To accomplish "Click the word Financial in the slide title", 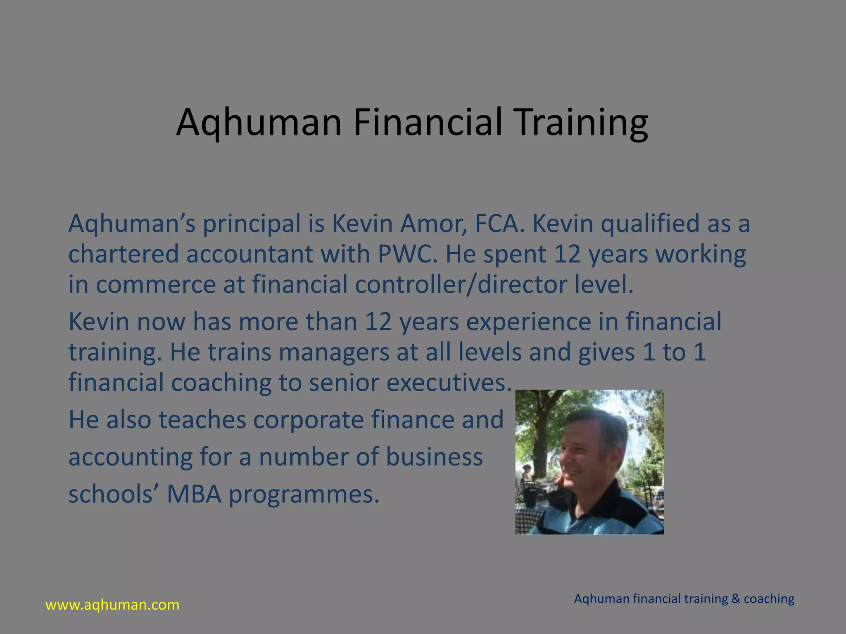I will pyautogui.click(x=428, y=122).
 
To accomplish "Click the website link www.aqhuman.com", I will pyautogui.click(x=112, y=605).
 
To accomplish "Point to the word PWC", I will pyautogui.click(x=407, y=254).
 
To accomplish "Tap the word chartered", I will pyautogui.click(x=123, y=254).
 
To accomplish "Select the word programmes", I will pyautogui.click(x=304, y=494).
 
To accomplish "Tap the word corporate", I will pyautogui.click(x=309, y=420).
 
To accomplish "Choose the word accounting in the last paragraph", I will pyautogui.click(x=130, y=457).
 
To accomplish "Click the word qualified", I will pyautogui.click(x=650, y=224).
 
